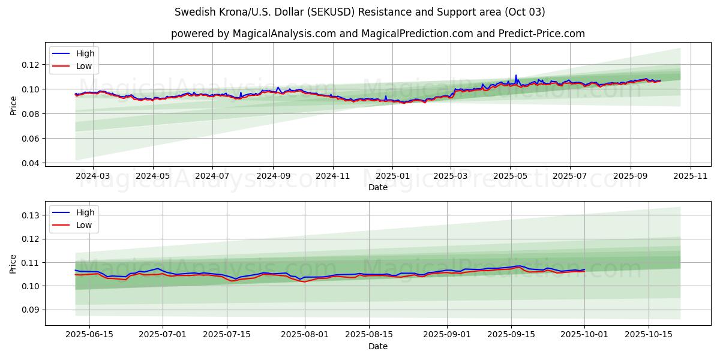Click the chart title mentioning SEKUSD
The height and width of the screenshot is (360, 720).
tap(359, 12)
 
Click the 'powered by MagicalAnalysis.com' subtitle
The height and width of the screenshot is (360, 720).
tap(377, 34)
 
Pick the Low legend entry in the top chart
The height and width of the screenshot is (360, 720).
tap(84, 66)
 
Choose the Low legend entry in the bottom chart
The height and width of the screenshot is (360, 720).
tap(84, 225)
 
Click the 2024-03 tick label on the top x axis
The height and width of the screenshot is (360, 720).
tap(93, 176)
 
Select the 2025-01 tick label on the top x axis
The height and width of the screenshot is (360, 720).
tap(392, 176)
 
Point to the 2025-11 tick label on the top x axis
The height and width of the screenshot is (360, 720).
tap(691, 176)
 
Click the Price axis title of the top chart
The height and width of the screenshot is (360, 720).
tap(14, 105)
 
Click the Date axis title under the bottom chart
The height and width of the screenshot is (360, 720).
tap(377, 346)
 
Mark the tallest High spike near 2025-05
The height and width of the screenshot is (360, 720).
tap(515, 75)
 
